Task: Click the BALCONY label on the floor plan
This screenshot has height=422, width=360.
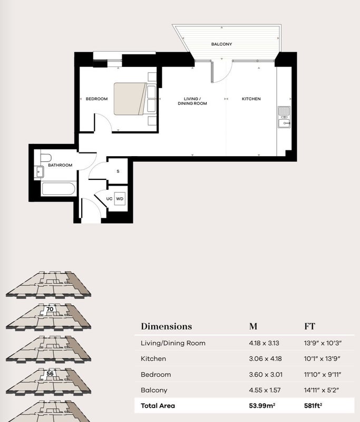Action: click(221, 44)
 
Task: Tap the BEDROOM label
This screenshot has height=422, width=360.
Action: click(96, 99)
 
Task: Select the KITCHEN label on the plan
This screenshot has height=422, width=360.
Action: click(251, 99)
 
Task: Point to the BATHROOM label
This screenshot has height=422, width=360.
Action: click(60, 165)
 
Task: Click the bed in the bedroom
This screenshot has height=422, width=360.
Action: click(130, 99)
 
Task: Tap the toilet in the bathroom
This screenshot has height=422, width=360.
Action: click(46, 158)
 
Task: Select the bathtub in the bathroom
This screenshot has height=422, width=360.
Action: click(58, 189)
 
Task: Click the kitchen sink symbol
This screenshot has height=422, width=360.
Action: click(284, 117)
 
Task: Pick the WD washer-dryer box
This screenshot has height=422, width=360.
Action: click(120, 199)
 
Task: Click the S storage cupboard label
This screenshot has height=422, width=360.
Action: click(118, 171)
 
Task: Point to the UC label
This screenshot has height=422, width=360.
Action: click(109, 199)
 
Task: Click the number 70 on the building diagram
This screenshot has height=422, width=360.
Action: click(50, 309)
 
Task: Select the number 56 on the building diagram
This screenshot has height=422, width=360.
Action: click(50, 373)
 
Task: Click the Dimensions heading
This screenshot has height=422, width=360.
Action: click(167, 327)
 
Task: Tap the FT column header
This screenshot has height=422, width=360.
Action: click(309, 327)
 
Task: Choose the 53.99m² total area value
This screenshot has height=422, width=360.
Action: click(262, 406)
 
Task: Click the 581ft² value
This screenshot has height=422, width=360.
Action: click(313, 406)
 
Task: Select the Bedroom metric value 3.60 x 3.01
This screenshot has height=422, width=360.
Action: click(266, 375)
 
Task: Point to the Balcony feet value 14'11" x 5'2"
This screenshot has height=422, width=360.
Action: click(322, 390)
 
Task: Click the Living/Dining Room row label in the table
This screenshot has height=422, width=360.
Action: click(173, 343)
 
